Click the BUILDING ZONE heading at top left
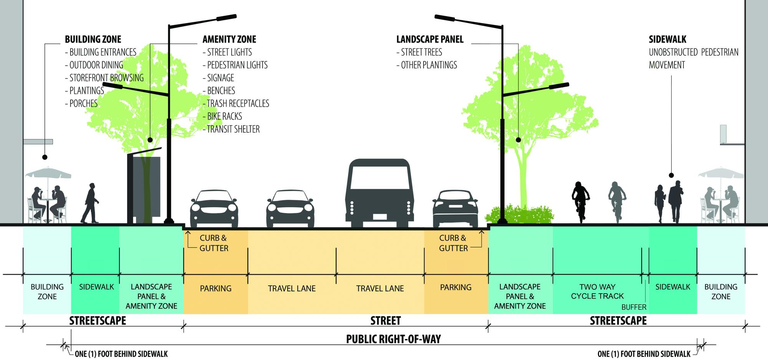tap(93, 39)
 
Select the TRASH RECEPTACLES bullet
tap(236, 103)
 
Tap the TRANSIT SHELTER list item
tap(231, 129)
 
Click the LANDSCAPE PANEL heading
tap(430, 39)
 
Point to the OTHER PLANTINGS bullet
tap(427, 65)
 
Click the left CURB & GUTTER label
tap(214, 243)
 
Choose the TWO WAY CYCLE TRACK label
tap(597, 292)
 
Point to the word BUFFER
tap(634, 307)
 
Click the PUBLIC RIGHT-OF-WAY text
tap(393, 339)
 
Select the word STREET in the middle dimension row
tap(386, 320)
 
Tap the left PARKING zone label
tap(215, 288)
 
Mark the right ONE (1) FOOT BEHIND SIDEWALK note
tap(644, 354)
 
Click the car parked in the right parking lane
tap(455, 209)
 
